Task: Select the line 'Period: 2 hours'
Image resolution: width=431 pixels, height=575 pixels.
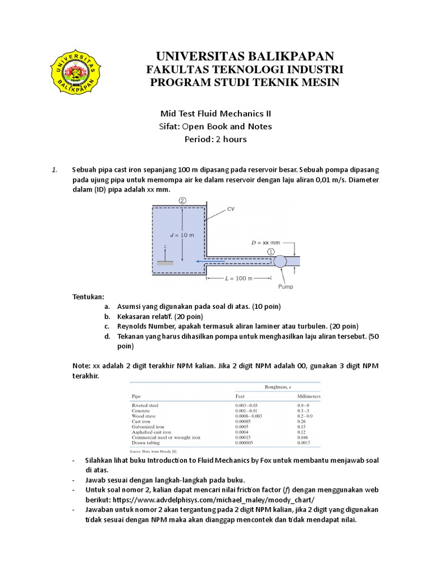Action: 215,139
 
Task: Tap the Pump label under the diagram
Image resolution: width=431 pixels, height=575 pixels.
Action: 286,286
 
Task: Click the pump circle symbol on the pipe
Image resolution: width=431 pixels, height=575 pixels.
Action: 279,261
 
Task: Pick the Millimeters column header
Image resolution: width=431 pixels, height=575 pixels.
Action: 308,396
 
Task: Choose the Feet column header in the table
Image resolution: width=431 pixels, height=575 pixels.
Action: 240,396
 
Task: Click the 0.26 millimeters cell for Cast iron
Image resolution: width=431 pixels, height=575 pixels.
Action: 301,421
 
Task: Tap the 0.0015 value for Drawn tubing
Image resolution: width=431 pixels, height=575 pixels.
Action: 304,442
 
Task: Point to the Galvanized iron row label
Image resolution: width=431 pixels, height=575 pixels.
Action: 148,426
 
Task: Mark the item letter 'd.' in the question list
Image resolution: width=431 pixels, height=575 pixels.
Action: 107,336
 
